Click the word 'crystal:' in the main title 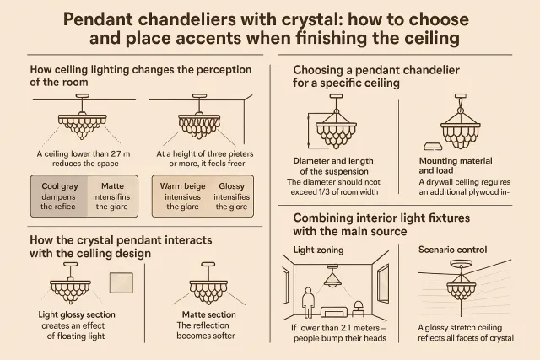pos(312,19)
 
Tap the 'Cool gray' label pos(60,186)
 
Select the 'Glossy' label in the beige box pos(231,186)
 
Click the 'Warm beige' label pos(182,186)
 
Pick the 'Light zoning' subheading pos(318,250)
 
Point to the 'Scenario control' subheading pos(452,250)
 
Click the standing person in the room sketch pos(308,303)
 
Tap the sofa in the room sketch pos(334,312)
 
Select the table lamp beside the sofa pos(359,309)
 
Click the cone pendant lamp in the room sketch pos(332,277)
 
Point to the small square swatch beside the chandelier pos(121,283)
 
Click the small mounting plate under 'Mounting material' pos(433,147)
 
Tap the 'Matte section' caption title pos(209,314)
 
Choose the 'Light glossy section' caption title pos(77,314)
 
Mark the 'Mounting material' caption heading pos(456,161)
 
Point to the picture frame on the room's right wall pos(383,284)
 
